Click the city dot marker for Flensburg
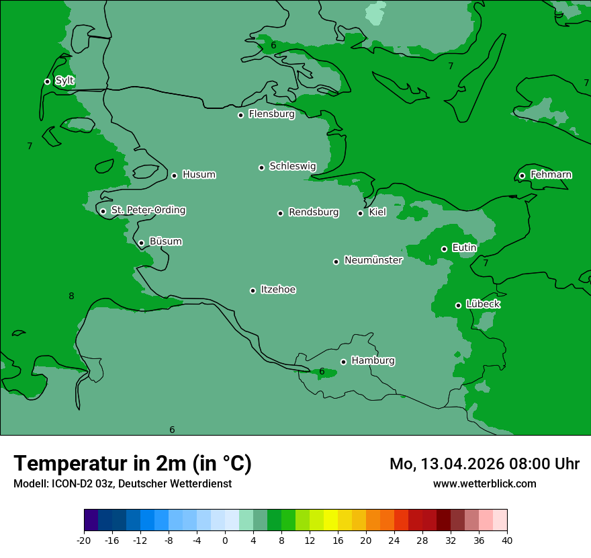point(240,115)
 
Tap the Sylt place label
point(64,81)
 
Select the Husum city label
point(199,175)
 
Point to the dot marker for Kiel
point(360,213)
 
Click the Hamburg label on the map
point(373,361)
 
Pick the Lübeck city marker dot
point(458,305)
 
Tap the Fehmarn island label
point(551,175)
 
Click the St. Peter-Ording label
point(148,210)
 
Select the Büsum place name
point(165,241)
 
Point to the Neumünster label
point(373,260)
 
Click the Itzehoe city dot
point(253,290)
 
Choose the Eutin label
point(464,247)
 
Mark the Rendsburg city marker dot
point(280,213)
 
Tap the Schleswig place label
point(292,166)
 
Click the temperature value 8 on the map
point(71,296)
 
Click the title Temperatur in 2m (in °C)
point(132,463)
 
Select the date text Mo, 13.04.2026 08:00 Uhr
point(484,464)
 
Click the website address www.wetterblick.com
point(484,483)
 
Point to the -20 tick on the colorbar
point(84,540)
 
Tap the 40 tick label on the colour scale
point(507,540)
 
